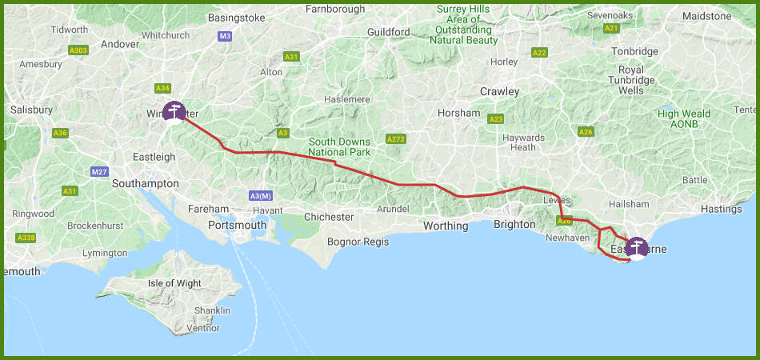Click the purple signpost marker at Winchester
click(173, 112)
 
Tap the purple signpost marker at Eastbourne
click(637, 247)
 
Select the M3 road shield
click(225, 37)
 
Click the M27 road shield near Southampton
click(99, 172)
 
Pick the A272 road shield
click(395, 139)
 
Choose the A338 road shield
click(26, 238)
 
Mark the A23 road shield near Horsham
click(496, 119)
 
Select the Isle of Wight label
click(175, 283)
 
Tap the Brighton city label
click(514, 224)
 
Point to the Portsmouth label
click(237, 225)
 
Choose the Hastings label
click(721, 209)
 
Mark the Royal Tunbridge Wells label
click(631, 80)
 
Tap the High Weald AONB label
click(684, 119)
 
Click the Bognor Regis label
click(358, 242)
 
